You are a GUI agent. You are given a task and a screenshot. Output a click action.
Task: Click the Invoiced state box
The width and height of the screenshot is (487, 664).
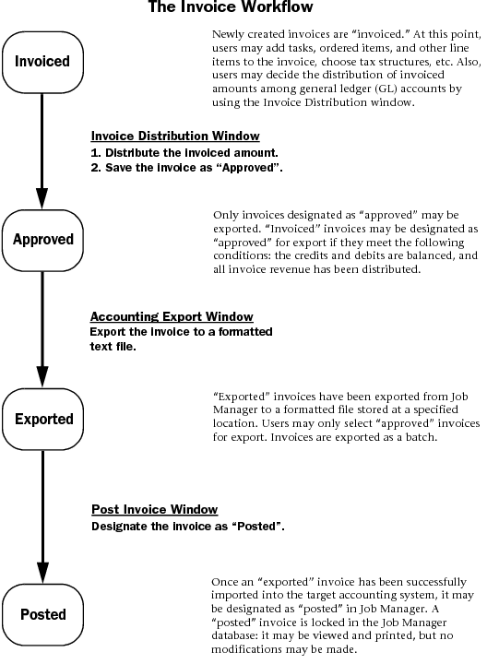click(42, 62)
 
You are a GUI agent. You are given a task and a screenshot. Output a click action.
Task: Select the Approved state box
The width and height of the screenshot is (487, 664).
click(42, 240)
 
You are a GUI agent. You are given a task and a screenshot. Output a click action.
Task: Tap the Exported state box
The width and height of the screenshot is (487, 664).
click(42, 419)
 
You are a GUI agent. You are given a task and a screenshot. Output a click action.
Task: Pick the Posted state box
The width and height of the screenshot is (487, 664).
click(42, 614)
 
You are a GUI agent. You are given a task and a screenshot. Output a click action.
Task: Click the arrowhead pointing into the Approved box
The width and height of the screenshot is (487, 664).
click(42, 198)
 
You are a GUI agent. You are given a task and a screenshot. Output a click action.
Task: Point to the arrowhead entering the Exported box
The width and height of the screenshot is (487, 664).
click(42, 377)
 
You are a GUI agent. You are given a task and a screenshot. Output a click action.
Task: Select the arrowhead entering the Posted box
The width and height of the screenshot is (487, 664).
click(42, 573)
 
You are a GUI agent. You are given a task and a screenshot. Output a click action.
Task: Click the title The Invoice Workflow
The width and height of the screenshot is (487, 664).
click(231, 6)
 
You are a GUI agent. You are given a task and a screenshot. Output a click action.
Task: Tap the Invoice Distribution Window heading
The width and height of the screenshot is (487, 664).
click(175, 136)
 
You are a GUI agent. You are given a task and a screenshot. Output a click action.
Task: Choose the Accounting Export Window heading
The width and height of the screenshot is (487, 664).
click(172, 316)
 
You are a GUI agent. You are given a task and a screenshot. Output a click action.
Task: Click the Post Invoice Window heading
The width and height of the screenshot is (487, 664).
click(155, 509)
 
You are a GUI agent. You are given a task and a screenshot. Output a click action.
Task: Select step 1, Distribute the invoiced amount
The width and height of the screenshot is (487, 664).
click(184, 152)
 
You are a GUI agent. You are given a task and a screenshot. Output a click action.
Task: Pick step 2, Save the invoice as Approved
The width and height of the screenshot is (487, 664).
click(186, 168)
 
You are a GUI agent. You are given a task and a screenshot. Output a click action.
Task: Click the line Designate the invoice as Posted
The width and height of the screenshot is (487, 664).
click(188, 527)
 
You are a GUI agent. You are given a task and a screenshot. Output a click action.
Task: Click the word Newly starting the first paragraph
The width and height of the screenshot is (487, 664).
click(228, 34)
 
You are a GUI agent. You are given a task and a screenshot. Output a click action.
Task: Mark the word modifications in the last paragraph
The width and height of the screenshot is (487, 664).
click(249, 649)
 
